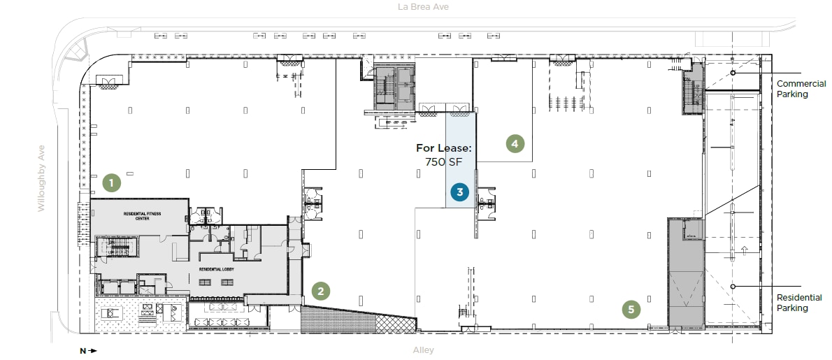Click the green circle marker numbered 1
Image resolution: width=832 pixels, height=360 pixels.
tap(111, 183)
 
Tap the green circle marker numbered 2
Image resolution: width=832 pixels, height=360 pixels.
tap(320, 291)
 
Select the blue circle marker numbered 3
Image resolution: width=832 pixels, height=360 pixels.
tap(459, 192)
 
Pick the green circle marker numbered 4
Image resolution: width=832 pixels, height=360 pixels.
tap(515, 144)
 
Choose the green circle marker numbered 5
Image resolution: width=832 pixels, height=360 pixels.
tap(631, 309)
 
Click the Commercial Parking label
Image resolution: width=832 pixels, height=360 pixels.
tap(802, 89)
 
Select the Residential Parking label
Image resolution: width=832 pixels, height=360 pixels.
tap(802, 303)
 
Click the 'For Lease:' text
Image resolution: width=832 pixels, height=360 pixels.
tap(445, 148)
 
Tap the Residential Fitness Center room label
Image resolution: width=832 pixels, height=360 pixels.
tap(143, 217)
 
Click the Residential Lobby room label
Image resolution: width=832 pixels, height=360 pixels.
tap(215, 269)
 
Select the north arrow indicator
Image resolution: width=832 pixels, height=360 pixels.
tap(89, 351)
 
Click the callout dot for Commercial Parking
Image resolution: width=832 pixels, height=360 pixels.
tap(733, 73)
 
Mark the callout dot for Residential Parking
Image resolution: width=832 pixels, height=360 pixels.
tap(733, 287)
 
